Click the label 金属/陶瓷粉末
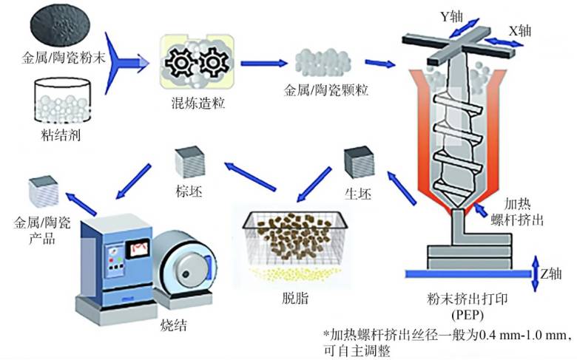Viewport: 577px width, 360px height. tap(64, 58)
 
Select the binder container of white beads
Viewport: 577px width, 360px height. tap(62, 100)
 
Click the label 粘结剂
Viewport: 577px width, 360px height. tap(61, 136)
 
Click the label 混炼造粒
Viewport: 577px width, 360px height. tap(198, 103)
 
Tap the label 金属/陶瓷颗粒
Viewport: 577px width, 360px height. tap(326, 90)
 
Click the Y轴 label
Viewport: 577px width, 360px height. tap(451, 16)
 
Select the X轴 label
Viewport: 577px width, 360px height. tap(520, 31)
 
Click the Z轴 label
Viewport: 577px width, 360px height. tap(551, 274)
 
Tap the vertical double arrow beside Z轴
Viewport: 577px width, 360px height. tap(536, 274)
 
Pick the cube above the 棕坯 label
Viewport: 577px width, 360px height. tap(189, 162)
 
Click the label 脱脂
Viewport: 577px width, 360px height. tap(294, 298)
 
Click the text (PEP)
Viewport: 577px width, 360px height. tap(467, 316)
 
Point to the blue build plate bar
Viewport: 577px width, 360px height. tap(468, 274)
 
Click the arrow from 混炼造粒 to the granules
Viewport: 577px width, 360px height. tap(264, 64)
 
